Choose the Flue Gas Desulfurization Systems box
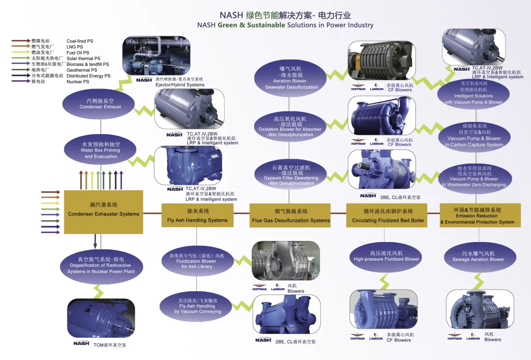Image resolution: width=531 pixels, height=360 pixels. coord(291,215)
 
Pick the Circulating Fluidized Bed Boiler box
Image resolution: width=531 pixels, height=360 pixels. coord(388,215)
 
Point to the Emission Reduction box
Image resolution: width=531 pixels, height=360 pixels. coord(477,215)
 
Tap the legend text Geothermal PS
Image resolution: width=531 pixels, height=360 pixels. coord(82,70)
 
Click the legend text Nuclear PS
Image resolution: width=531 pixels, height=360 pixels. coord(78,82)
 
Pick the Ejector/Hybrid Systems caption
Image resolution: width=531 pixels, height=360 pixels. coord(179,85)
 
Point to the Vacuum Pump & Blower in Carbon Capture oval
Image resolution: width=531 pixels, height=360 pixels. coord(474,135)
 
